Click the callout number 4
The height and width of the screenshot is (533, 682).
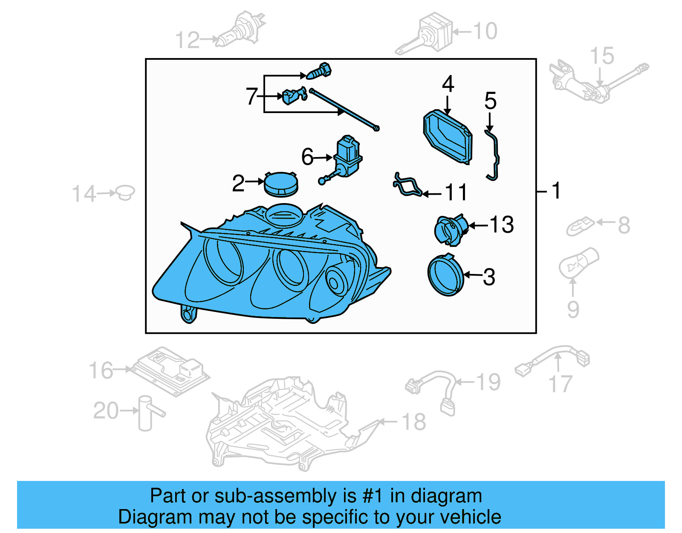(448, 84)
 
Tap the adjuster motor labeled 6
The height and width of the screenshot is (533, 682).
(348, 156)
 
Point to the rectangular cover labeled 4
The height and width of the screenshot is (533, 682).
(448, 137)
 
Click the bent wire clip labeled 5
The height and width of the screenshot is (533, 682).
(494, 156)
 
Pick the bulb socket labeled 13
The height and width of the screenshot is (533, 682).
(450, 230)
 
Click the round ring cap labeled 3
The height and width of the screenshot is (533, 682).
(445, 276)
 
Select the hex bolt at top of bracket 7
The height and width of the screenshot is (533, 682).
(319, 72)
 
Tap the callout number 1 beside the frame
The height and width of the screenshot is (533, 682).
(556, 191)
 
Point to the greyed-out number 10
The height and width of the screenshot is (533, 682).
(485, 31)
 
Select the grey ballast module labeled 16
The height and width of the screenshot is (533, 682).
(170, 370)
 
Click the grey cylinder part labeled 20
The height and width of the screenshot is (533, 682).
(146, 413)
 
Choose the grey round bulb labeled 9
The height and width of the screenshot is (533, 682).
(578, 262)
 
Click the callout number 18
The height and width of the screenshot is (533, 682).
(413, 422)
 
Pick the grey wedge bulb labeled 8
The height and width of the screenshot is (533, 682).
(580, 226)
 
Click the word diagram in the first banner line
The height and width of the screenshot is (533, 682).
(446, 496)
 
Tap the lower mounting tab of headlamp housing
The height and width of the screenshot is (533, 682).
(188, 315)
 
